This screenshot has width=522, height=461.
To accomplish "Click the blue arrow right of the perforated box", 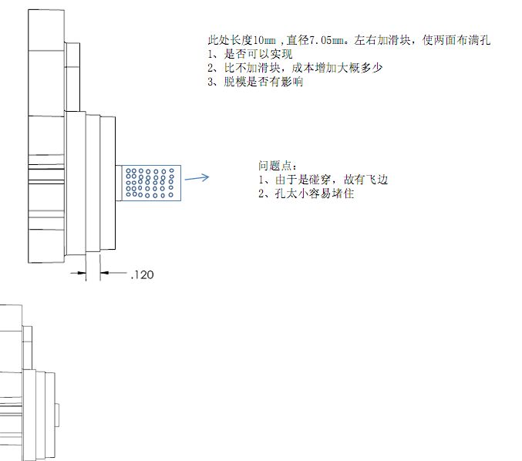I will pos(197,178).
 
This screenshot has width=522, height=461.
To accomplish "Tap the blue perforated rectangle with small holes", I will pos(152,183).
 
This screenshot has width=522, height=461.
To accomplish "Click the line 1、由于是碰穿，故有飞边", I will pos(322,180).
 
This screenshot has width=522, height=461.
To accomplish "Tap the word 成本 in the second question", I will pos(303,68).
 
